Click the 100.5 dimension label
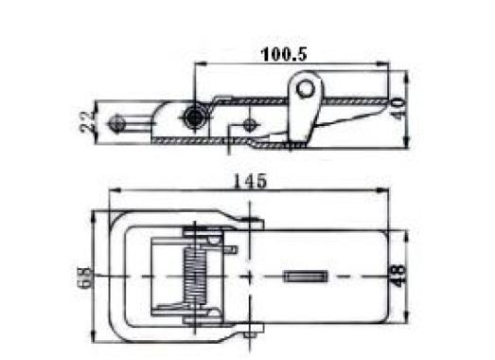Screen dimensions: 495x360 pyautogui.click(x=284, y=54)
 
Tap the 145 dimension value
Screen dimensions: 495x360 pyautogui.click(x=250, y=181)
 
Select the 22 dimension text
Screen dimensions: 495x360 pyautogui.click(x=87, y=121)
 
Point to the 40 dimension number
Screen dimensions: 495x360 pyautogui.click(x=398, y=108)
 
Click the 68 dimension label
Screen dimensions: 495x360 pyautogui.click(x=83, y=278)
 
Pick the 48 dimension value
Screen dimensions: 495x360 pyautogui.click(x=398, y=276)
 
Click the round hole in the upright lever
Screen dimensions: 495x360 pyautogui.click(x=305, y=89)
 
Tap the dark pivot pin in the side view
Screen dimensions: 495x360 pyautogui.click(x=193, y=117)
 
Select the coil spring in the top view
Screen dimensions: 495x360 pyautogui.click(x=195, y=276)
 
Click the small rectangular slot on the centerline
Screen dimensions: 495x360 pyautogui.click(x=305, y=277)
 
